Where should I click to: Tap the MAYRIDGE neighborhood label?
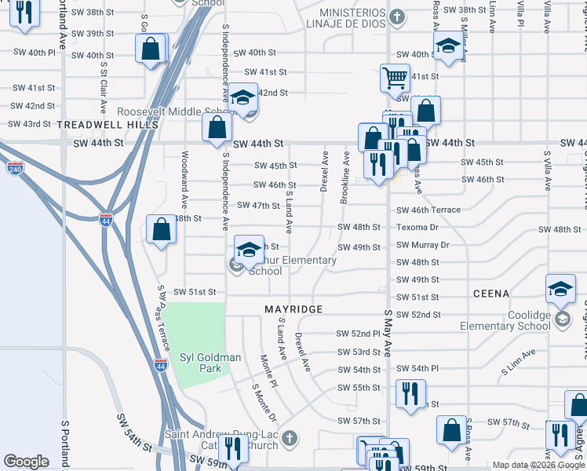pos(293,309)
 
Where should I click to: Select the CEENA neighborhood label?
pos(491,294)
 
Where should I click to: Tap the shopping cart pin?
pos(395,77)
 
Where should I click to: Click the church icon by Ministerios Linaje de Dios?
pos(398,16)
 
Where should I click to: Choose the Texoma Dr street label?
pos(417,228)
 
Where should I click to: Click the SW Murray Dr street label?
pos(422,245)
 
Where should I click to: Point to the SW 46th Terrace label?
pos(428,210)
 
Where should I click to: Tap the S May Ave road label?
pos(387,333)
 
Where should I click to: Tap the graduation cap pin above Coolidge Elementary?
pos(560,288)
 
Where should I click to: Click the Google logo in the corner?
pos(26,462)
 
